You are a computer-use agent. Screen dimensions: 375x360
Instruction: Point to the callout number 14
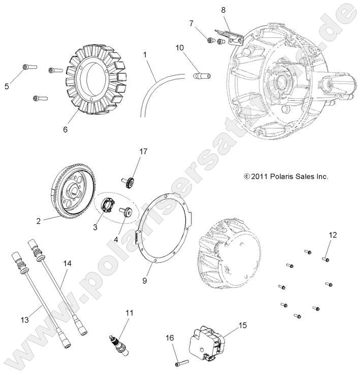coord(68,263)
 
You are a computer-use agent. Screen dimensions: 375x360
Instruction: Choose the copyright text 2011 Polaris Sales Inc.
coord(286,177)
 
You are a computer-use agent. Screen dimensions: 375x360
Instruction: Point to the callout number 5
coord(7,86)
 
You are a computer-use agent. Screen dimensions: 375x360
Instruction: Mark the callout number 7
coord(191,23)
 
